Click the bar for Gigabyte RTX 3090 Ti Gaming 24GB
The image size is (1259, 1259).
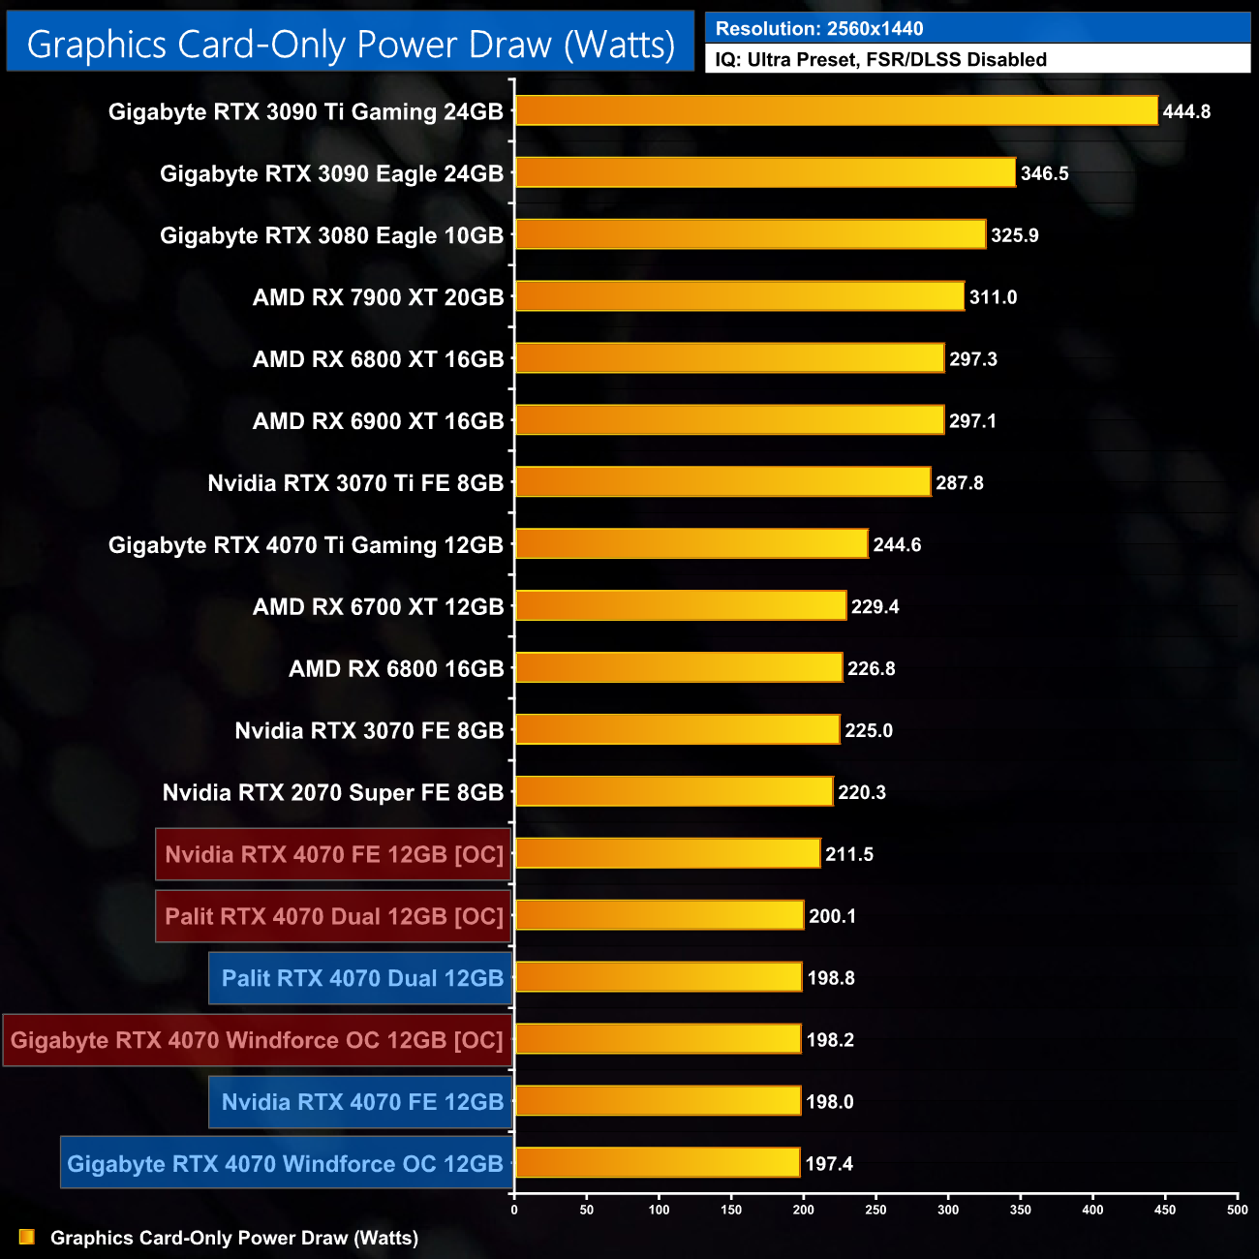click(836, 110)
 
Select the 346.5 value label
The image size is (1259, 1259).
click(1044, 173)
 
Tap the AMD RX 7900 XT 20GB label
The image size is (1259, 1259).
click(378, 297)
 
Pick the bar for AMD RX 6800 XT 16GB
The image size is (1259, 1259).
click(729, 358)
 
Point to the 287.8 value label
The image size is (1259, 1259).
click(959, 482)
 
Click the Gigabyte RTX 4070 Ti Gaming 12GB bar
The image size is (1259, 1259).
click(691, 544)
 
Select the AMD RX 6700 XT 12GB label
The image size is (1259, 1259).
click(378, 607)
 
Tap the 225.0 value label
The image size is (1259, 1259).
click(868, 730)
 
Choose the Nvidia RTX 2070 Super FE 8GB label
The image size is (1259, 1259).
click(333, 792)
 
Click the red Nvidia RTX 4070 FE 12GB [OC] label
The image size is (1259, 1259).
click(333, 854)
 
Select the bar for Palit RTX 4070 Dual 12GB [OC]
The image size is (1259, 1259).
click(660, 915)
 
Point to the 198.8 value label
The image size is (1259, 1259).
click(830, 978)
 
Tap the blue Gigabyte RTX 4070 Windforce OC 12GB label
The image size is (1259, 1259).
click(286, 1163)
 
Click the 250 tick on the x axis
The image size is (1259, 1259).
click(875, 1209)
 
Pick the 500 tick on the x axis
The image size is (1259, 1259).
click(1237, 1209)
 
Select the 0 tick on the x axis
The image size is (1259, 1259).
click(514, 1209)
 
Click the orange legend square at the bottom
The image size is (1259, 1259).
click(27, 1237)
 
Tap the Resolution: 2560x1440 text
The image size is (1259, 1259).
click(819, 29)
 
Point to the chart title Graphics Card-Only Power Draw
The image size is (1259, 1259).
click(351, 45)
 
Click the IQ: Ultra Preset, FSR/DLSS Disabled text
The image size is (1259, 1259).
click(880, 60)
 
